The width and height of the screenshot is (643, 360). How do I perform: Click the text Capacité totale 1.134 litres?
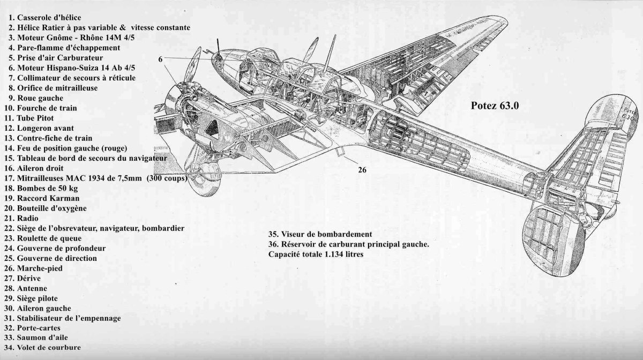[x=316, y=254]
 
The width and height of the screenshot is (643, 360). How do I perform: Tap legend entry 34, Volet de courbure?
[x=45, y=348]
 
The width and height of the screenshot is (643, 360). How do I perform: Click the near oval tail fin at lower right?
[x=552, y=230]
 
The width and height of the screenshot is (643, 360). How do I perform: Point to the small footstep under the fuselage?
[x=340, y=154]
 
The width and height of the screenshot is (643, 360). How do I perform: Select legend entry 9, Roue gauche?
[x=35, y=98]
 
